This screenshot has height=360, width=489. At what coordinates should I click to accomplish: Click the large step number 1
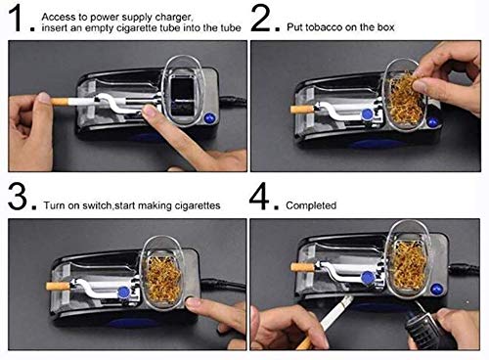[x=16, y=18]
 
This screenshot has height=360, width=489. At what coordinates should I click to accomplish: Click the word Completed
[x=311, y=205]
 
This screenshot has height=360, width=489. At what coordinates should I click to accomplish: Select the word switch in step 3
[x=97, y=205]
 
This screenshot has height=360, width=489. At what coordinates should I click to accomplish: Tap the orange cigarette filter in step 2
[x=302, y=109]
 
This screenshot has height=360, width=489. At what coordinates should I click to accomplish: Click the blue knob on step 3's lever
[x=123, y=292]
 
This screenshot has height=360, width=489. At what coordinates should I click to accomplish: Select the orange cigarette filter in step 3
[x=58, y=287]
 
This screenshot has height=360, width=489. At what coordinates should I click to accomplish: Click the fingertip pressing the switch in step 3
[x=193, y=303]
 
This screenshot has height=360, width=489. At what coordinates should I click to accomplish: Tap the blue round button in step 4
[x=436, y=289]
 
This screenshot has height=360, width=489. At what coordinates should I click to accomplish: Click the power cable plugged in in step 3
[x=223, y=285]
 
